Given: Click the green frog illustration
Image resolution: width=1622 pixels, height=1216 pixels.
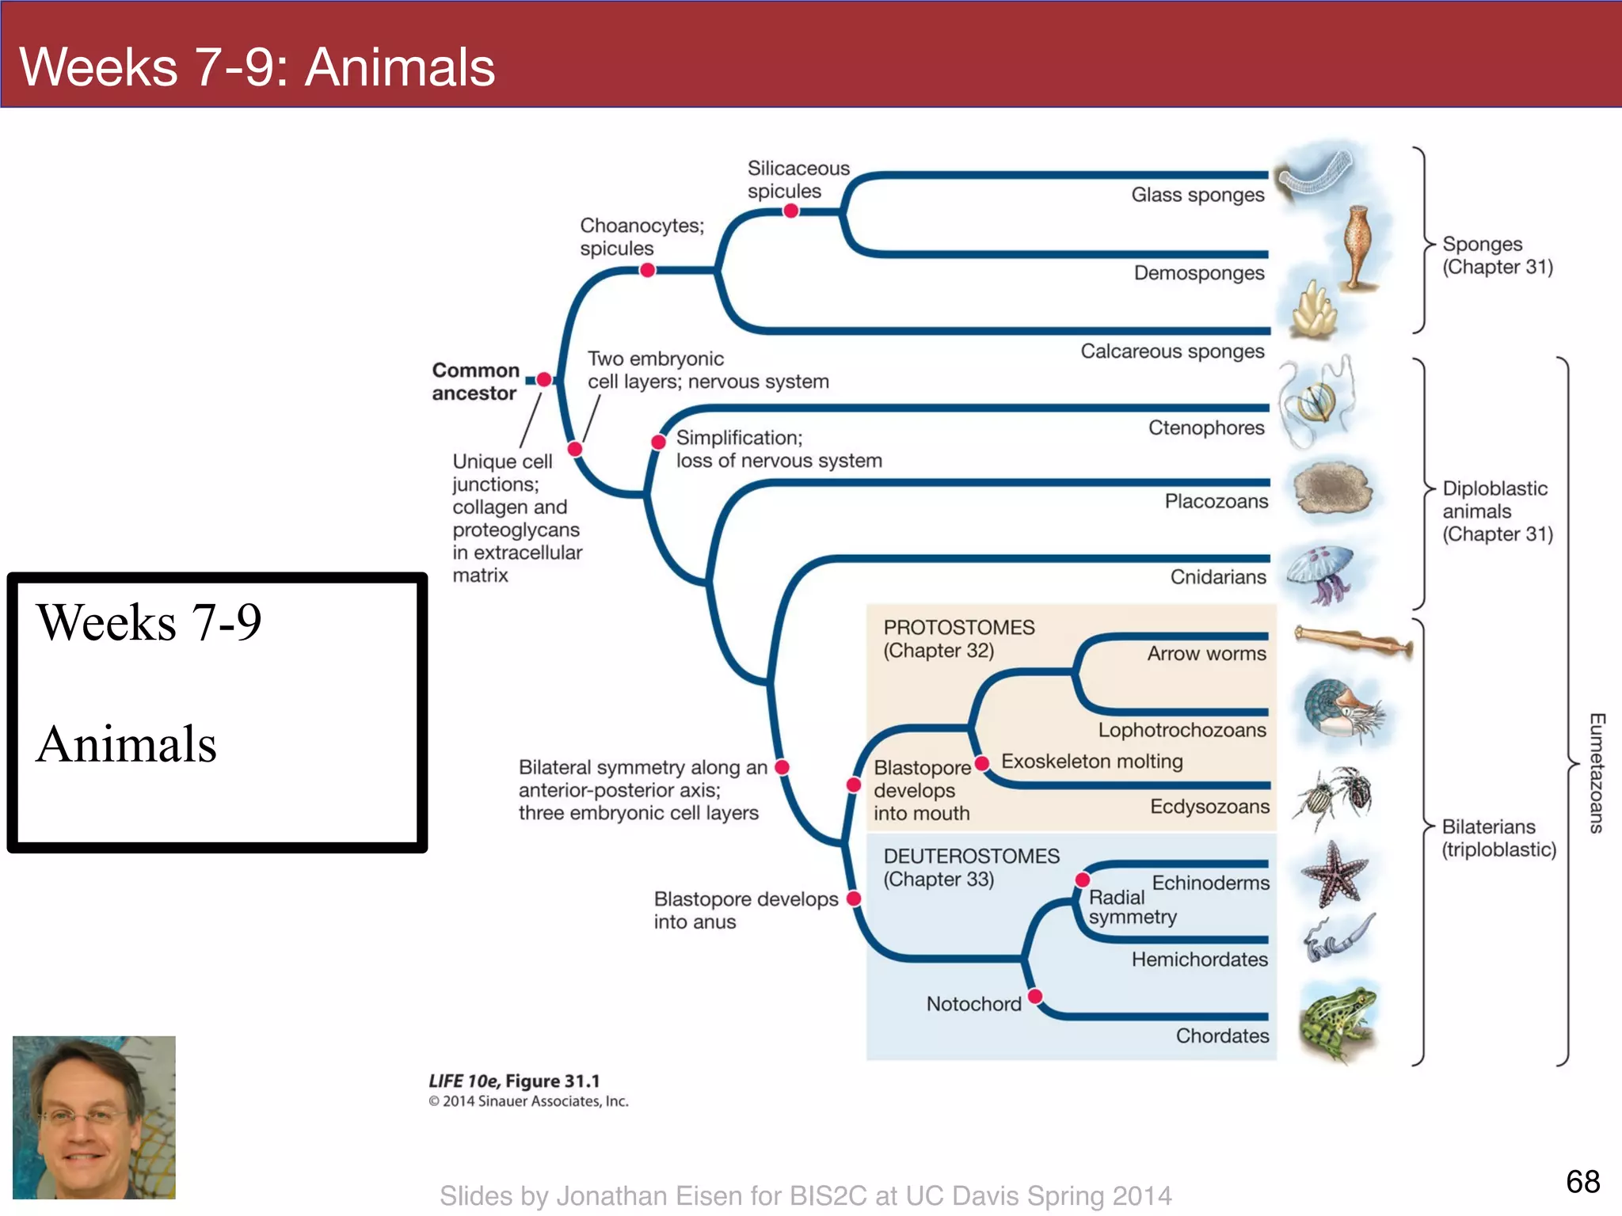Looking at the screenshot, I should click(1338, 1021).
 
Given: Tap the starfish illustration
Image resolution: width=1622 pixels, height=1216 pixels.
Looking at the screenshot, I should click(1335, 875).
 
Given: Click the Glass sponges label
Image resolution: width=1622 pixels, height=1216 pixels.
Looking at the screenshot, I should click(1197, 195).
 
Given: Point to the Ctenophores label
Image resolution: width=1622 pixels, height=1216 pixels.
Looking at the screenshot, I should click(1206, 427).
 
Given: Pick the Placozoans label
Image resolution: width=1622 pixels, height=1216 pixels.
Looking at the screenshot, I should click(1216, 501).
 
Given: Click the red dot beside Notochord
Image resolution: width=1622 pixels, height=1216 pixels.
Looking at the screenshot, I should click(1034, 996).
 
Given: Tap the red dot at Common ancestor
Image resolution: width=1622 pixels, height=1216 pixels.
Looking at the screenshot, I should click(544, 380).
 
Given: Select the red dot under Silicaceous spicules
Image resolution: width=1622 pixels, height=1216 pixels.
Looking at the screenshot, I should click(790, 211).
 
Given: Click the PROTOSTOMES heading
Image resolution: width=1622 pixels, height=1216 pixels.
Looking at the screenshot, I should click(958, 628).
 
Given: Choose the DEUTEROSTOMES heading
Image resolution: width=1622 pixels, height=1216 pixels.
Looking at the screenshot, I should click(971, 857).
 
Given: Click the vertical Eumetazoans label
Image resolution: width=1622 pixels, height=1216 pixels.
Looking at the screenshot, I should click(1597, 773).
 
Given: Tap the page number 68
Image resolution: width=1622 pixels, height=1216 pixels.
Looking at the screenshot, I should click(1582, 1181).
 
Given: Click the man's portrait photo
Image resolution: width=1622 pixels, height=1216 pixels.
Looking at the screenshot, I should click(94, 1117).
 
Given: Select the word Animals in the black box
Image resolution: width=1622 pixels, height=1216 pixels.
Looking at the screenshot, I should click(127, 744).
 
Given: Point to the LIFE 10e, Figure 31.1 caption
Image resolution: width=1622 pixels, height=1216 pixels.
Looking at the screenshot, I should click(514, 1081).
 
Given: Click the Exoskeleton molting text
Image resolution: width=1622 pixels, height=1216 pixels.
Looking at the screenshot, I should click(1091, 762).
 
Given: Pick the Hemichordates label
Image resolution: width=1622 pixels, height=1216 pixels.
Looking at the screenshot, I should click(1199, 959).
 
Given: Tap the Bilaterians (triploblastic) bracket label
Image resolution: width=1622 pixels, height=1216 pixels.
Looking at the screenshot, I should click(1498, 838).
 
